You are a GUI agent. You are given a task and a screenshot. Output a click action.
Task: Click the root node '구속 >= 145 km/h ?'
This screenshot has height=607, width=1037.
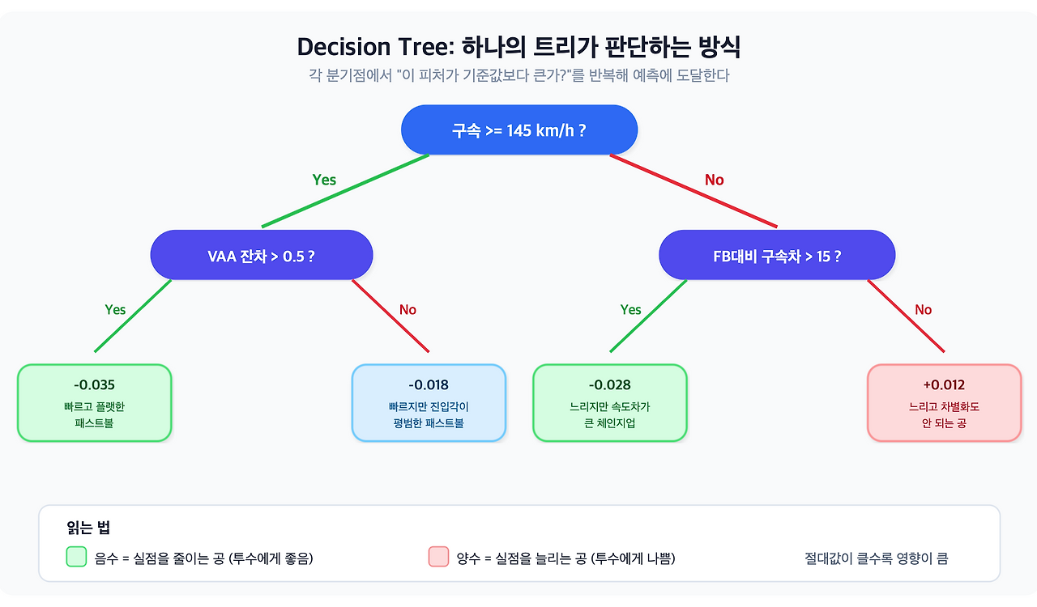click(519, 129)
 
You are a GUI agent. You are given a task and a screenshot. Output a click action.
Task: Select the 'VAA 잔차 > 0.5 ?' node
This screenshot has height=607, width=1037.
click(261, 256)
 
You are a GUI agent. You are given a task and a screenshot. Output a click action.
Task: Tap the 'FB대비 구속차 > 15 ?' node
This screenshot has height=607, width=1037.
click(776, 256)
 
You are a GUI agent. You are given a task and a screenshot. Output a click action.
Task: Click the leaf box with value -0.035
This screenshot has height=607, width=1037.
click(94, 403)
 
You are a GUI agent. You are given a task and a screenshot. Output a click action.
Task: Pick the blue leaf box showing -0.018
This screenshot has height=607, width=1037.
click(429, 403)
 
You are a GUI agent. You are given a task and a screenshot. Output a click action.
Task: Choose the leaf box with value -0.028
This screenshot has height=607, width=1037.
click(609, 403)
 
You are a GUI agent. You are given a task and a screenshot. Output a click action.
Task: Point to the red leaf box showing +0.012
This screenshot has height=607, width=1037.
click(944, 403)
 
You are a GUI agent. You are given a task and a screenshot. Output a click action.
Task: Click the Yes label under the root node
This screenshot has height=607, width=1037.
click(324, 180)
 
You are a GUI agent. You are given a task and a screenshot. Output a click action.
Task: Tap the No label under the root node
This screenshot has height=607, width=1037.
click(714, 180)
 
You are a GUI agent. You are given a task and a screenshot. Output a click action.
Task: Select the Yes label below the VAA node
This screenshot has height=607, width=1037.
click(115, 309)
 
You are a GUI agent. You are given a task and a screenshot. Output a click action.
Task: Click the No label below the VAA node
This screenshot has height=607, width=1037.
click(408, 309)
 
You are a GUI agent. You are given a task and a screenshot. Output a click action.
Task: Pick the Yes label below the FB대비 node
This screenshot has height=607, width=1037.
click(630, 309)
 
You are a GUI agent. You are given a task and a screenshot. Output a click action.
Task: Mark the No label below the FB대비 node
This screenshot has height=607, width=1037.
click(923, 309)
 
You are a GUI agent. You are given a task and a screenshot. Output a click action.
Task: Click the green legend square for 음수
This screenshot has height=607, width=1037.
click(76, 557)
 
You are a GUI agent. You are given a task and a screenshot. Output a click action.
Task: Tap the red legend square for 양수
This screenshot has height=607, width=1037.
click(438, 557)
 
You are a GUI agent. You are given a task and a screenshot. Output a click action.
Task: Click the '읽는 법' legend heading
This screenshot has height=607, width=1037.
click(88, 528)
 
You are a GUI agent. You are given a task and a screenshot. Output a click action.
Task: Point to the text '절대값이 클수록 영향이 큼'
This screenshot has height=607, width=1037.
click(876, 558)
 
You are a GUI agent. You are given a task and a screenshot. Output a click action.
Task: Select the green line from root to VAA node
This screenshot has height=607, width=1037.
click(345, 191)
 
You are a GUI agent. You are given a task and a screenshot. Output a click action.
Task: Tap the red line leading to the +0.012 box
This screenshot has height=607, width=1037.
click(906, 316)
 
